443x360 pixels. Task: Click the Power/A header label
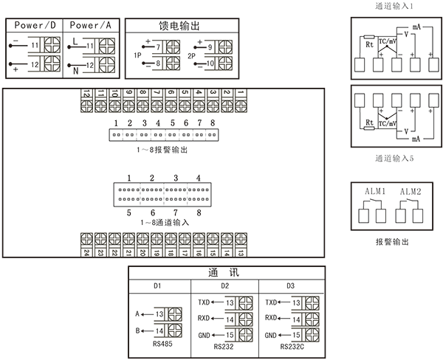[x=92, y=25]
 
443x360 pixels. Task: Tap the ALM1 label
[x=374, y=192]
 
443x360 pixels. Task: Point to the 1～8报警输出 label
[x=162, y=150]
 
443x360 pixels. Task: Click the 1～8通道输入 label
[x=164, y=221]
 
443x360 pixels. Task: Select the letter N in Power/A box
[x=75, y=71]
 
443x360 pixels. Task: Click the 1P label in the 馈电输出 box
[x=137, y=56]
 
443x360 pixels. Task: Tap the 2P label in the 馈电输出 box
[x=191, y=56]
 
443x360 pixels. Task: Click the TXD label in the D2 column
[x=205, y=302]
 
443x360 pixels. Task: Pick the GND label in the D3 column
[x=272, y=335]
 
